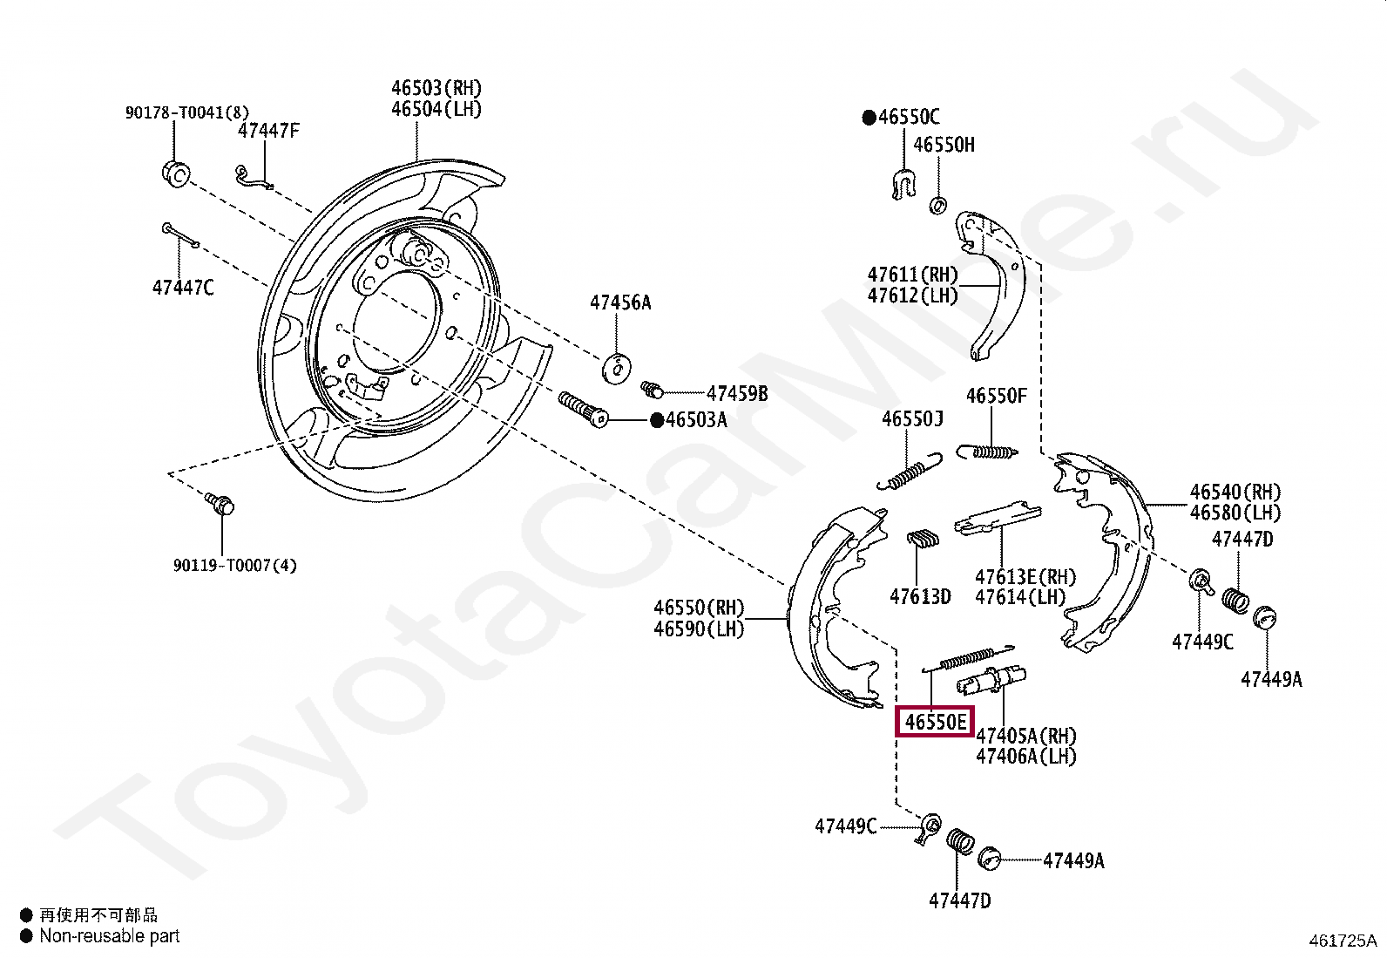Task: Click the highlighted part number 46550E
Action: click(935, 722)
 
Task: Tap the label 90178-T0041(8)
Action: click(186, 112)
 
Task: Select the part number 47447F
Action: click(268, 131)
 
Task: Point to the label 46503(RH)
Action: click(436, 88)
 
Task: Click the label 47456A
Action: click(619, 302)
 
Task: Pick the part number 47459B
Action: click(737, 393)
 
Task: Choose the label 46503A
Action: click(696, 420)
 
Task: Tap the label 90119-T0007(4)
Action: click(234, 566)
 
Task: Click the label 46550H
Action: click(944, 145)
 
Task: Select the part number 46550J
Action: click(912, 419)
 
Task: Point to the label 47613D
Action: click(920, 597)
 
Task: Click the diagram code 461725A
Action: click(1342, 941)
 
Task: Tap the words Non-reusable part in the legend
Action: click(109, 936)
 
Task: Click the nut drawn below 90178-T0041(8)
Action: click(176, 173)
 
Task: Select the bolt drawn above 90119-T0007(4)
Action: click(220, 503)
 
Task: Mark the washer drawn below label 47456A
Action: click(618, 368)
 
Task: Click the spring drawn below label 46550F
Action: click(987, 452)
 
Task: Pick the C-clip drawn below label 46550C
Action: click(904, 185)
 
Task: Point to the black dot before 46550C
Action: click(869, 118)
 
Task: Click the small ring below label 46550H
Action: click(938, 206)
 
